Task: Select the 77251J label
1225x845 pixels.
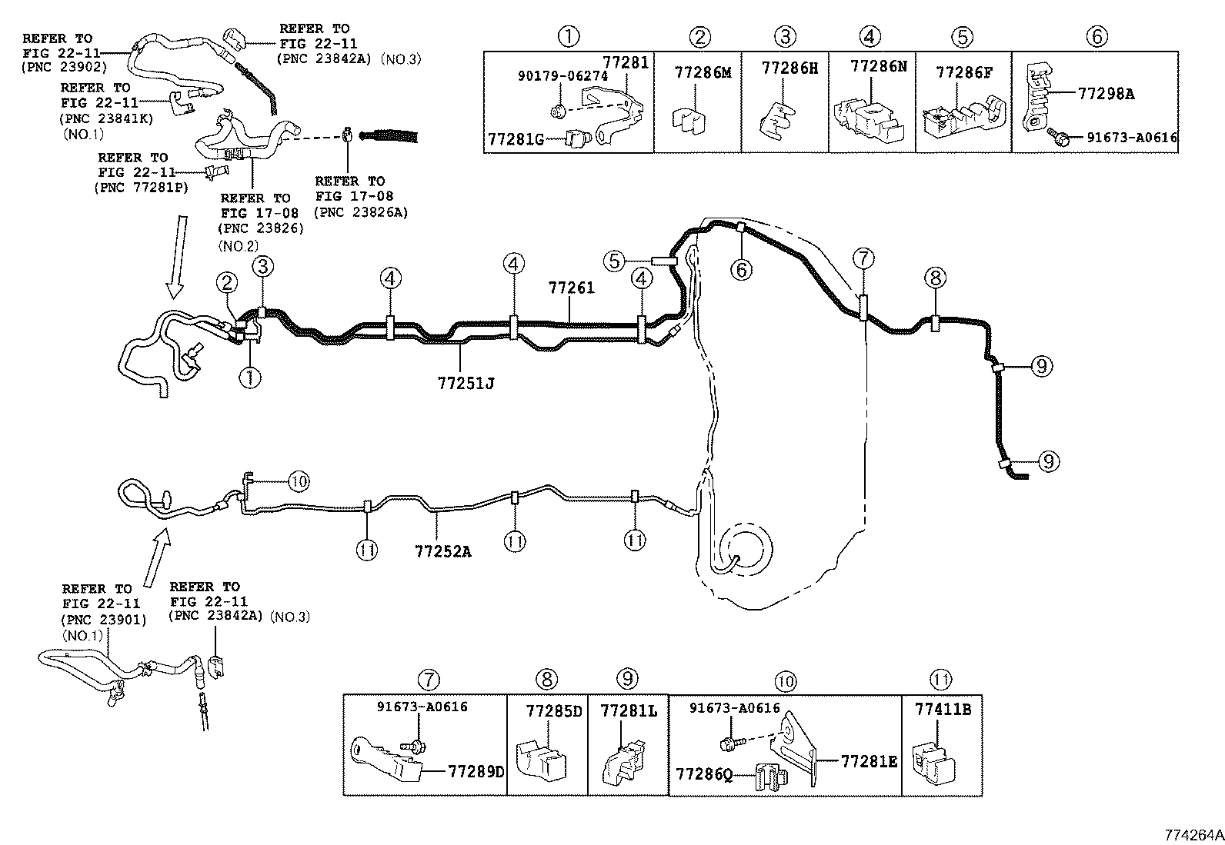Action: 462,382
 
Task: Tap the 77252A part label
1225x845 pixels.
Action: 442,551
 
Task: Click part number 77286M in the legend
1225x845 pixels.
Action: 702,72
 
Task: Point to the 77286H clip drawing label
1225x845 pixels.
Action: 789,68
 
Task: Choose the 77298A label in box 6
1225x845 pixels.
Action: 1106,94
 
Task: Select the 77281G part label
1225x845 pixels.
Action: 515,138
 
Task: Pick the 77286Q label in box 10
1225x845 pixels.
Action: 704,771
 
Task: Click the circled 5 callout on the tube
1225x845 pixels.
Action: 613,261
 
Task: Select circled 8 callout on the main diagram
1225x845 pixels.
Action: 935,278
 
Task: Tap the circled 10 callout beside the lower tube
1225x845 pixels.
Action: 299,481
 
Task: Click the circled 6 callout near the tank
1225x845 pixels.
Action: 741,268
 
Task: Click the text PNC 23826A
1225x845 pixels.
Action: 361,211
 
